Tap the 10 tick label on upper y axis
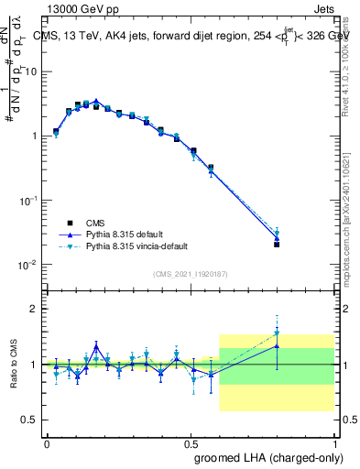29,71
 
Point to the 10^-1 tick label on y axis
27,200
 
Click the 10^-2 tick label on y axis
27,265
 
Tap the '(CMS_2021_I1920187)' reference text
190,273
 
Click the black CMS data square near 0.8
277,245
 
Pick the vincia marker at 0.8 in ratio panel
277,333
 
